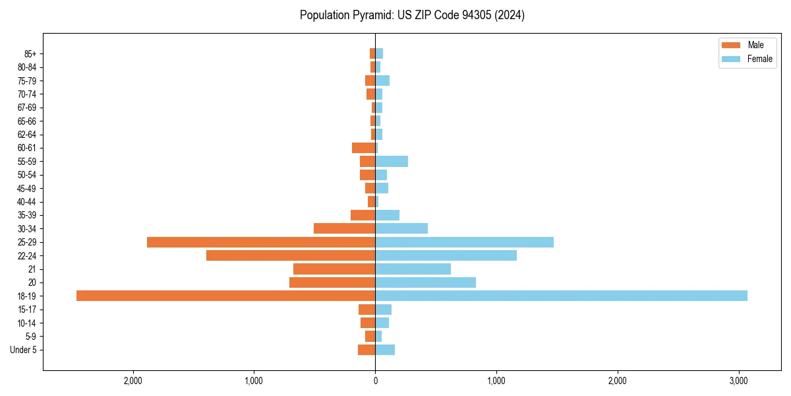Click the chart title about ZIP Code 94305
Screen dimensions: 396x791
point(412,15)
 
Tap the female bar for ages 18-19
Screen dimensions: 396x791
point(561,296)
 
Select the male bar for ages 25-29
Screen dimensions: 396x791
point(261,242)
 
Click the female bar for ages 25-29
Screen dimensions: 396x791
point(464,242)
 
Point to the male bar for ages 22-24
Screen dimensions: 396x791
point(291,255)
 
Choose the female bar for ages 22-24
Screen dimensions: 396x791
point(446,255)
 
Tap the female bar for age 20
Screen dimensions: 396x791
point(425,282)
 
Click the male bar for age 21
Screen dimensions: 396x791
point(334,269)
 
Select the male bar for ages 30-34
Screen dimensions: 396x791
point(344,228)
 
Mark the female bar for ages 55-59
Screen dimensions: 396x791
point(392,161)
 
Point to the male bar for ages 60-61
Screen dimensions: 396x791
point(363,148)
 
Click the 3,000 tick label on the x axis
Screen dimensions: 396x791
point(738,381)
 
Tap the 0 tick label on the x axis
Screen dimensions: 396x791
point(375,381)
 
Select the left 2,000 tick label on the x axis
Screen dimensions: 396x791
point(133,381)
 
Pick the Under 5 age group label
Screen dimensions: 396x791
point(23,350)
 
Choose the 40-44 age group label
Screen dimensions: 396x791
point(27,202)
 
